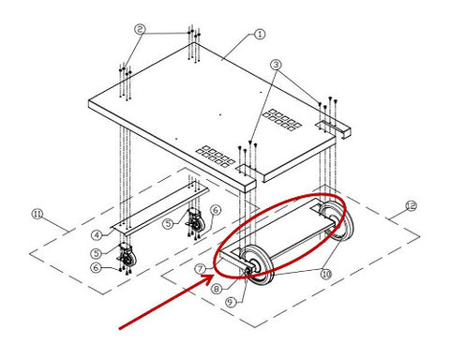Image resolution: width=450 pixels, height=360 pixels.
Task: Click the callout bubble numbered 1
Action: click(x=260, y=34)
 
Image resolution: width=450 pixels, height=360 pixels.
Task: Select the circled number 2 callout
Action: click(x=140, y=29)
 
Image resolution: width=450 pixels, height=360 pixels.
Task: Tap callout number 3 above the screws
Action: click(x=276, y=65)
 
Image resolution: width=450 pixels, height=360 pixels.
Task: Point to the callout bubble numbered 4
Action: click(x=97, y=235)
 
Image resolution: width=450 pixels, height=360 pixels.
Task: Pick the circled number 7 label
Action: click(x=200, y=268)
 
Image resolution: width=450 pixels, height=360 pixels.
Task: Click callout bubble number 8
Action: click(x=217, y=289)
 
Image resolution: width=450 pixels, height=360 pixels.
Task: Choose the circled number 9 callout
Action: click(x=231, y=302)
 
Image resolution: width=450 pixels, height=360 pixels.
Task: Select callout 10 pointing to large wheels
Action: click(x=326, y=274)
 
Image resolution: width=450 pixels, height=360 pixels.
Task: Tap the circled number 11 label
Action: click(x=37, y=215)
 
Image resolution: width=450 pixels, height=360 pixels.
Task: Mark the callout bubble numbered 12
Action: click(x=411, y=205)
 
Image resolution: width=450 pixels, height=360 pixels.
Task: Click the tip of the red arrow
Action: click(x=214, y=276)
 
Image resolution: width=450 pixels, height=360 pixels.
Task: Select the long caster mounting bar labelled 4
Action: click(x=159, y=209)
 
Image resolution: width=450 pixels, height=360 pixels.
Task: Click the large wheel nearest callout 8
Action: click(x=258, y=264)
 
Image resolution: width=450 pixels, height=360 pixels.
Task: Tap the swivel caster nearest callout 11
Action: click(x=127, y=256)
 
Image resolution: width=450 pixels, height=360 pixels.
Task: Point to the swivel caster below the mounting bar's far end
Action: click(x=196, y=221)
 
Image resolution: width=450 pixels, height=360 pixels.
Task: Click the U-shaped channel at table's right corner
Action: click(x=334, y=129)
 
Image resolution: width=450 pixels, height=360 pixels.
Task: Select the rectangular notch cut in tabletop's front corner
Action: click(x=246, y=168)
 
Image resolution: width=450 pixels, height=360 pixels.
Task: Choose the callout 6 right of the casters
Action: click(x=216, y=210)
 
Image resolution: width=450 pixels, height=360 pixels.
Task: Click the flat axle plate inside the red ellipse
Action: click(x=278, y=232)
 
